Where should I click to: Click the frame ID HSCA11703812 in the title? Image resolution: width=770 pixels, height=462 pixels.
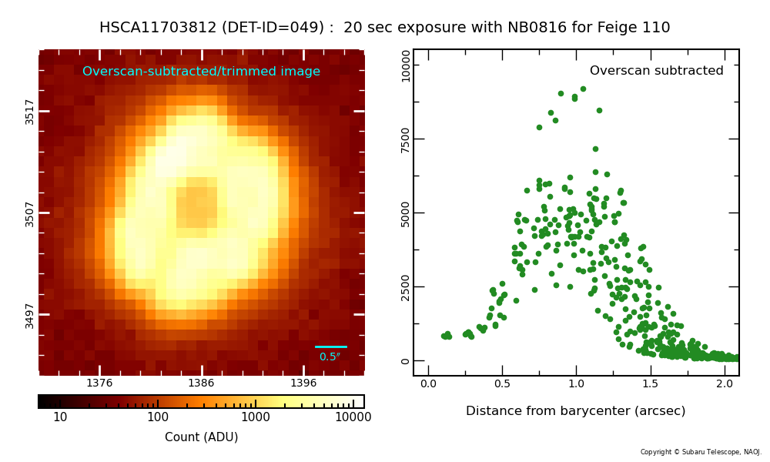(158, 27)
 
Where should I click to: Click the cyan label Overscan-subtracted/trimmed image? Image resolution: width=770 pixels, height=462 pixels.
(201, 71)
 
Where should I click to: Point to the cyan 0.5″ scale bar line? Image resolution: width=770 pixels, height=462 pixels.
(331, 346)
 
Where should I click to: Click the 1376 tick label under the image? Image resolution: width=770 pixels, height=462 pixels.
(99, 383)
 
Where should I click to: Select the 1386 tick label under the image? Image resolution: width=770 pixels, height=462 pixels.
(201, 383)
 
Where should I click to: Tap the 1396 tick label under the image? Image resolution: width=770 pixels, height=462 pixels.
(303, 383)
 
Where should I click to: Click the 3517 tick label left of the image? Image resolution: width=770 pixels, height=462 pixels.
(29, 112)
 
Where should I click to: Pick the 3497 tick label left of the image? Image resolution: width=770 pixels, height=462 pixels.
(29, 316)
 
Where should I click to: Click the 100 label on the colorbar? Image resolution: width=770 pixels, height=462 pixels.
(158, 417)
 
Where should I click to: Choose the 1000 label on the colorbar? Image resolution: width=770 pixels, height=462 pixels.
(256, 417)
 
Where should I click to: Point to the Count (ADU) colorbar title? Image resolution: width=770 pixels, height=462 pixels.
(201, 437)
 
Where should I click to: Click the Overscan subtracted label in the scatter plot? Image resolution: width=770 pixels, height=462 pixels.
(657, 71)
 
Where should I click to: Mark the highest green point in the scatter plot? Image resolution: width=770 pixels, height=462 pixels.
(584, 89)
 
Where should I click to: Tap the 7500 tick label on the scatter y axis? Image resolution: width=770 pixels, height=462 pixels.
(405, 139)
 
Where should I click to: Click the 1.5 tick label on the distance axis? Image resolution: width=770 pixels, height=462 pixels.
(651, 383)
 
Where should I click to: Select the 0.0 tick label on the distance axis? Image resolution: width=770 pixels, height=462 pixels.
(428, 383)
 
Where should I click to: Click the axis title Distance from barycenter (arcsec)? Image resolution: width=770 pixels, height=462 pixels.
(575, 411)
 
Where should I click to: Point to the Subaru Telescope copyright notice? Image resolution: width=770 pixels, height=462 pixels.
(701, 452)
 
